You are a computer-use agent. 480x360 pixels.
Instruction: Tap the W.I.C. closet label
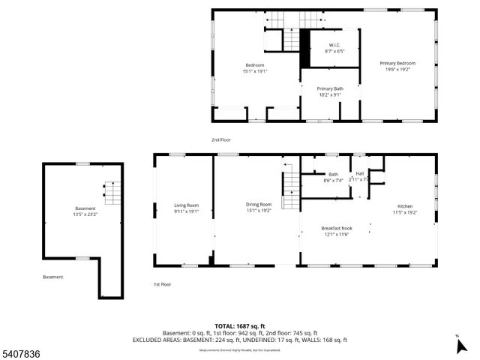pos(334,46)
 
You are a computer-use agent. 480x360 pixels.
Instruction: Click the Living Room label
pos(186,205)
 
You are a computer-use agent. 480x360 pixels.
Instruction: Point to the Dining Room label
pos(259,204)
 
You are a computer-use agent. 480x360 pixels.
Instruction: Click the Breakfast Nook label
pos(336,228)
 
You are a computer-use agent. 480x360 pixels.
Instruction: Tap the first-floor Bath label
pos(333,174)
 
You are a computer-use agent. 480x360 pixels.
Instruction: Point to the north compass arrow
pos(460,345)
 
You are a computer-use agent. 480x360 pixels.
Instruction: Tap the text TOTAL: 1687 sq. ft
pos(239,325)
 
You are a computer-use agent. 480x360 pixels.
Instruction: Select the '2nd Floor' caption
pos(220,140)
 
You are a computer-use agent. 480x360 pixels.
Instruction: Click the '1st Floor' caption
pos(162,284)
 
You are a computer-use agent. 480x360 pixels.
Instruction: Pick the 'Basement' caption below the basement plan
pos(52,277)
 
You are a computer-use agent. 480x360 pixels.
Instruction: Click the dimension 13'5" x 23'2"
pos(85,214)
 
